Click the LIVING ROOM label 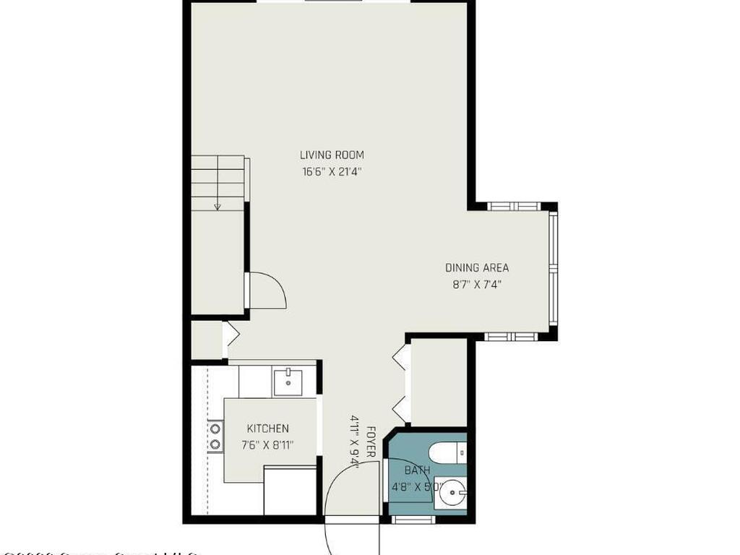pos(332,155)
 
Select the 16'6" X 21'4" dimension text pos(332,172)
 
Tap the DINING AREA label pos(476,267)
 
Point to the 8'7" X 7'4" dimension pos(476,285)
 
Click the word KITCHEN pos(267,429)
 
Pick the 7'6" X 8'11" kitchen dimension pos(267,445)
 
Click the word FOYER pos(371,441)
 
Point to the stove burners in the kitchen pos(215,436)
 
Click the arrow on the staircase pos(217,206)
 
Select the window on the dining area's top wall pos(513,206)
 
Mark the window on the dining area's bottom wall pos(509,336)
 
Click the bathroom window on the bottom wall pos(413,519)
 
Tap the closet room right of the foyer pos(439,382)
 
